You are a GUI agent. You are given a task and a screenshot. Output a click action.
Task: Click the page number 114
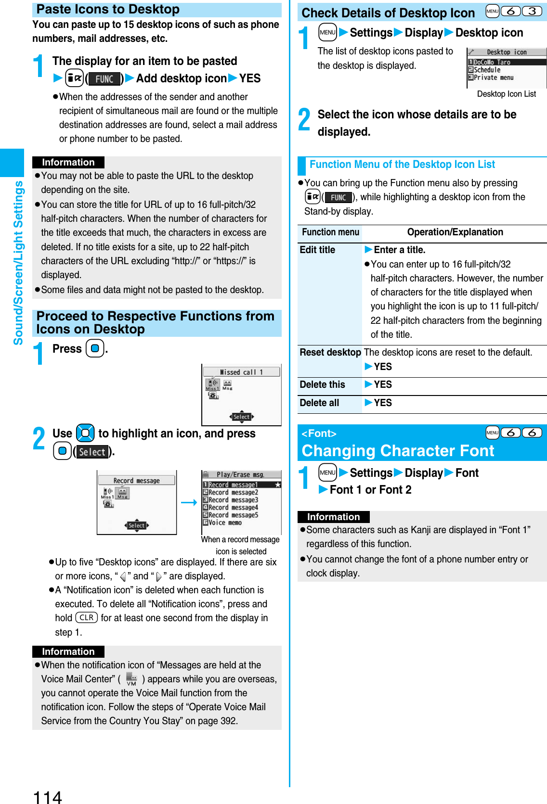(x=47, y=796)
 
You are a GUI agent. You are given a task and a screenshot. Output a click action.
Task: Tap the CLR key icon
(x=87, y=618)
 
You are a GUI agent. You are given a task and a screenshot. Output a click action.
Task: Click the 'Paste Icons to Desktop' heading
(x=108, y=10)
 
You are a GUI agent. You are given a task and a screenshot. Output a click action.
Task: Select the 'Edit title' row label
(x=317, y=250)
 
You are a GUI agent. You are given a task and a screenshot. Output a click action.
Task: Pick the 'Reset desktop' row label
(x=330, y=352)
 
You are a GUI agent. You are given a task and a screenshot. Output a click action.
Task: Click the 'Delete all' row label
(x=319, y=403)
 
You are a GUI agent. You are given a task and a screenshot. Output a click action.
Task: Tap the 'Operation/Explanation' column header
(x=455, y=232)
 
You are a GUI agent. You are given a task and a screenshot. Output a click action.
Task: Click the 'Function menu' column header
(x=330, y=232)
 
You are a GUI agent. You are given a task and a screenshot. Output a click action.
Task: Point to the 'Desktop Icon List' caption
(x=506, y=94)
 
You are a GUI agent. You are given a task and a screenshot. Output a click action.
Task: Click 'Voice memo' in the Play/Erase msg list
(x=225, y=523)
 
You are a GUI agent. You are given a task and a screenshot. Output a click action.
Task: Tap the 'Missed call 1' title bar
(x=241, y=372)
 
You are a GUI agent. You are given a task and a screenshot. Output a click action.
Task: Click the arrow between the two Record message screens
(x=189, y=502)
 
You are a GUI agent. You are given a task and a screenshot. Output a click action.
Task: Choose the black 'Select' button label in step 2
(x=92, y=452)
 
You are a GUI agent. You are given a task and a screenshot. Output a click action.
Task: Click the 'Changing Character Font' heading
(x=398, y=451)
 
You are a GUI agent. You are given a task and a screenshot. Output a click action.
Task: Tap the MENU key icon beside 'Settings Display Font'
(x=327, y=472)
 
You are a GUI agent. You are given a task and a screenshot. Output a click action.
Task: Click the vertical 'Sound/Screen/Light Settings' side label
(x=18, y=263)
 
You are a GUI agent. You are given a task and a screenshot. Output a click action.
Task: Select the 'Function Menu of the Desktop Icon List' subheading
(x=402, y=165)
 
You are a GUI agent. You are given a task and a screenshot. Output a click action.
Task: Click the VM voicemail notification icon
(x=131, y=679)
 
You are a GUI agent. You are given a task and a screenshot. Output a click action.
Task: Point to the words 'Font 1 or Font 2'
(x=370, y=490)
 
